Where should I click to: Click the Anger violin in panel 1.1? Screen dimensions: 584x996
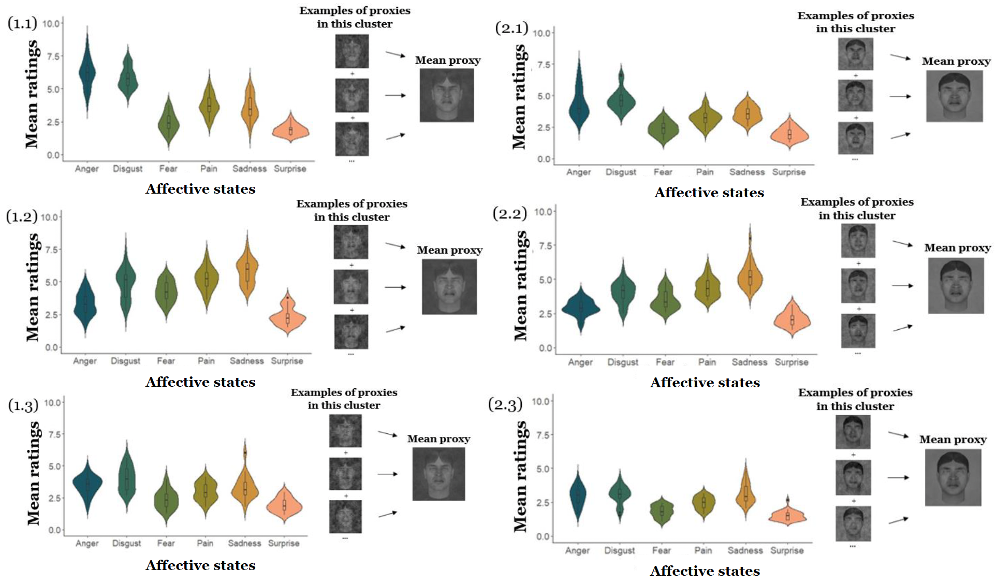point(87,72)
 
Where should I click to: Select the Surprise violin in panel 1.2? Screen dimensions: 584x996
point(287,317)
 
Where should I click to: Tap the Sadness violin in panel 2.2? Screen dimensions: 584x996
point(750,277)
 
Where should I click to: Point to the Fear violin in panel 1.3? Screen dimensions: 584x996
point(166,500)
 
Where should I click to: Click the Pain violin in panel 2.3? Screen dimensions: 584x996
point(703,502)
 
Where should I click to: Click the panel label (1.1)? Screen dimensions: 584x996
point(22,23)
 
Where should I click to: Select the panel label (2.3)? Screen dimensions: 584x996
point(505,404)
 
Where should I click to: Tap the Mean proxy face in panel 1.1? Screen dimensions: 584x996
point(446,96)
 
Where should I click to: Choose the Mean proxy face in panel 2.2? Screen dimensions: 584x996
point(956,286)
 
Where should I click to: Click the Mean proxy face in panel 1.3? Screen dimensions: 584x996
point(438,474)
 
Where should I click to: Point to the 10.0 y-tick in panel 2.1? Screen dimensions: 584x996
point(541,33)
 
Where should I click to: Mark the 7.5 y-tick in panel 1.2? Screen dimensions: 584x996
point(51,250)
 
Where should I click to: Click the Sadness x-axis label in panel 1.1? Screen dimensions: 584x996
point(250,169)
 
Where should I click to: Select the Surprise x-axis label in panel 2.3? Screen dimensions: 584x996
point(787,550)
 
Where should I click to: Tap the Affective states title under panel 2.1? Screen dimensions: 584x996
point(709,193)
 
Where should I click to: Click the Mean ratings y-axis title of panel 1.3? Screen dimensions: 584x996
point(33,473)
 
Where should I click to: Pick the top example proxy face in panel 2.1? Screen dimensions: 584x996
point(855,54)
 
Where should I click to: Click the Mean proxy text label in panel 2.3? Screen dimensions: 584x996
point(953,440)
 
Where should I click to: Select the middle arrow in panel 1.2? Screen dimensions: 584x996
point(396,287)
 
